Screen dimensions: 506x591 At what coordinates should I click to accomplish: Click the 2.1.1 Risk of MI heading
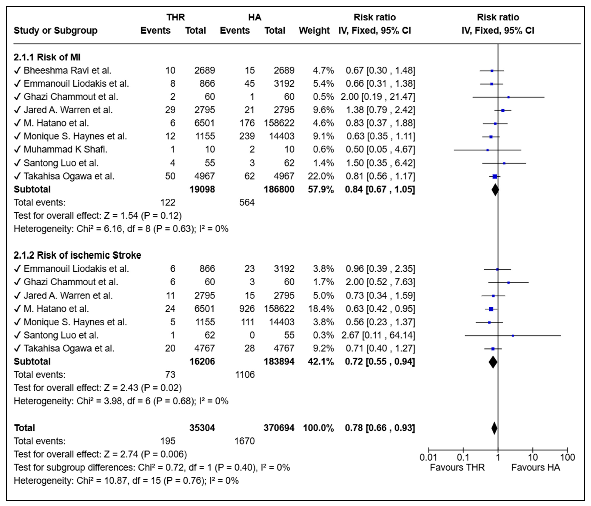point(47,57)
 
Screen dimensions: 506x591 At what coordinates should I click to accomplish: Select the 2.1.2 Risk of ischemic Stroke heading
point(77,255)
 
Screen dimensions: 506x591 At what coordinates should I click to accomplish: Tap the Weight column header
point(314,31)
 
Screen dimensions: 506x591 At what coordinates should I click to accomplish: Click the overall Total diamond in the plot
point(494,428)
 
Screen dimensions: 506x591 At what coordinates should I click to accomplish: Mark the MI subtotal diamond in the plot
point(495,190)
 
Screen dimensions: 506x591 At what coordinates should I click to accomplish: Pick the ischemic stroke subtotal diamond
point(493,362)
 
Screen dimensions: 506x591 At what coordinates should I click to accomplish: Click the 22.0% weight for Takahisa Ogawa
point(321,176)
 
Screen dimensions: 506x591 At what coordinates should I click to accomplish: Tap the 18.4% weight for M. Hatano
point(321,309)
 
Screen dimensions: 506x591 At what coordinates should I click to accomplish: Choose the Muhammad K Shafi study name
point(65,149)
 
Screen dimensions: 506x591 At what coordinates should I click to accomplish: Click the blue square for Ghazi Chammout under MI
point(508,97)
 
